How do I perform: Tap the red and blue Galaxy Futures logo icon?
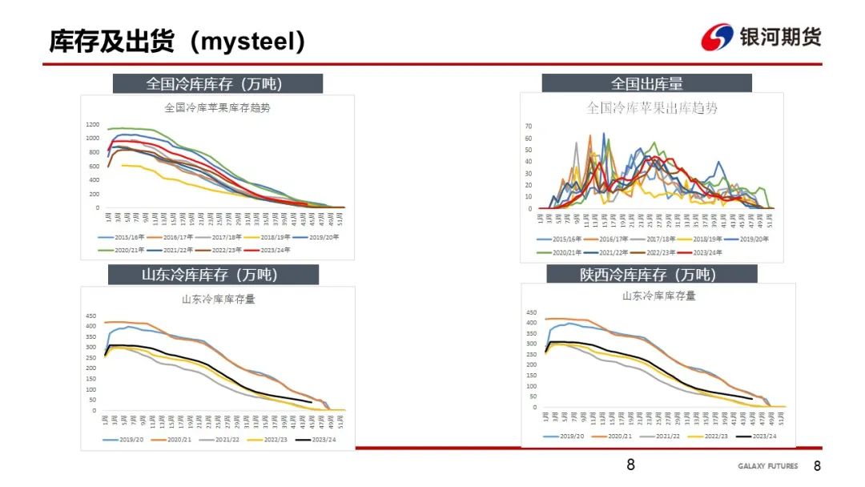pyautogui.click(x=717, y=37)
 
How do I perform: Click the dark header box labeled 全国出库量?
pyautogui.click(x=646, y=83)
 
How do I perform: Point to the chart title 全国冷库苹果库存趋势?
pyautogui.click(x=217, y=107)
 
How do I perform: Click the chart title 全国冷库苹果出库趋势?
pyautogui.click(x=652, y=107)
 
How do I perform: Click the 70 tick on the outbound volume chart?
pyautogui.click(x=529, y=127)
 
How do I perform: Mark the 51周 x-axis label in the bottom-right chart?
pyautogui.click(x=780, y=418)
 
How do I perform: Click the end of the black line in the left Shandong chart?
pyautogui.click(x=311, y=402)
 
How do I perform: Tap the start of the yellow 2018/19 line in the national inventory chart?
pyautogui.click(x=122, y=165)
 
